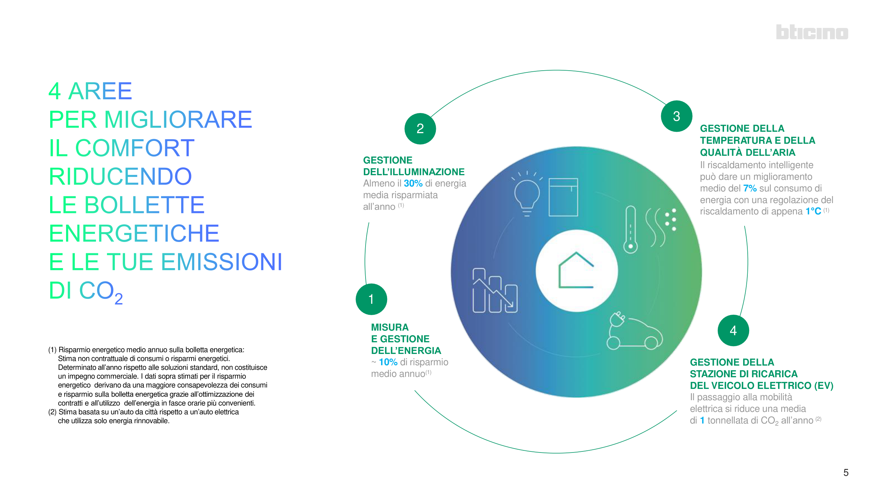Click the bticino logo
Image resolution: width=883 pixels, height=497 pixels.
[812, 32]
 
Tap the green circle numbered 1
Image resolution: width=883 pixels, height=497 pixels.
[371, 299]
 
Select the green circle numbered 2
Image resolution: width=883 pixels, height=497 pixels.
[420, 129]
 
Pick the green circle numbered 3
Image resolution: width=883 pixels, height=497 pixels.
[676, 116]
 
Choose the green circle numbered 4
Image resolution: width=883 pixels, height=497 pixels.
[733, 331]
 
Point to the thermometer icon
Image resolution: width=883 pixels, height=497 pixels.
[630, 230]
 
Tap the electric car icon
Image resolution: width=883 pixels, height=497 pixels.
[634, 331]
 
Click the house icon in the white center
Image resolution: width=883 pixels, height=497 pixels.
[576, 270]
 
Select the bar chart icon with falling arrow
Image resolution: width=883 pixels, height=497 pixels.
[495, 290]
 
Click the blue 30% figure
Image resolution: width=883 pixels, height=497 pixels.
[413, 184]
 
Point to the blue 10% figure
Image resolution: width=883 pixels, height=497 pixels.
[388, 362]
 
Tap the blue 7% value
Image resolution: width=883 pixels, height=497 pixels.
[750, 189]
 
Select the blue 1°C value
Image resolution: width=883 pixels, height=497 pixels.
[813, 212]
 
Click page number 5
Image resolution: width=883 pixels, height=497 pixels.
[846, 473]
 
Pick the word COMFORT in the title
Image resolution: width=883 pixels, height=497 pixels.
[135, 148]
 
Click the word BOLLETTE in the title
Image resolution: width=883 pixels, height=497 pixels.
[145, 205]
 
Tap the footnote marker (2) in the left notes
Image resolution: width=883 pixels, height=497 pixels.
[52, 412]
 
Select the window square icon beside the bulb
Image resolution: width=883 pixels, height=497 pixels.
[563, 197]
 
